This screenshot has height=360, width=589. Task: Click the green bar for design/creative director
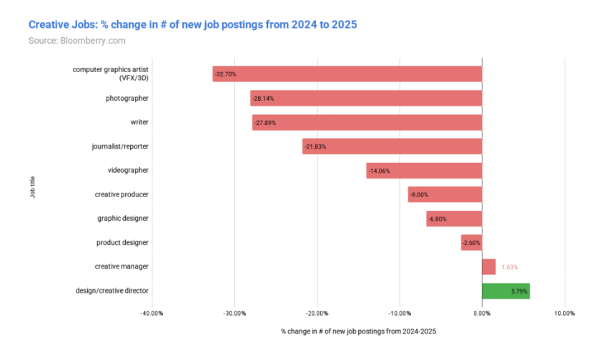tap(505, 291)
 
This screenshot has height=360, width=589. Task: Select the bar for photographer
tap(366, 98)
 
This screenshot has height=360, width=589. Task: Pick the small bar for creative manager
tap(488, 266)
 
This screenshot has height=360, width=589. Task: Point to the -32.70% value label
tap(225, 74)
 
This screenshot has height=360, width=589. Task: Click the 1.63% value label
tap(509, 267)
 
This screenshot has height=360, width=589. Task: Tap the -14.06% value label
tap(379, 171)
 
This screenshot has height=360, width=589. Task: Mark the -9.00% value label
tap(419, 195)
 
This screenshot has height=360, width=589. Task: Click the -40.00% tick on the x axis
tap(152, 313)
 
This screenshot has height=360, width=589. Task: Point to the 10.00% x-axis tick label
tap(564, 313)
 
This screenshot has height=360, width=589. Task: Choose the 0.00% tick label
tap(481, 313)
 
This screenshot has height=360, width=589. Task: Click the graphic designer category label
tap(122, 219)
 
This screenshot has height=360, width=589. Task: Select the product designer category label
tap(122, 243)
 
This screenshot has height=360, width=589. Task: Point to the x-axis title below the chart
tap(358, 332)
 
